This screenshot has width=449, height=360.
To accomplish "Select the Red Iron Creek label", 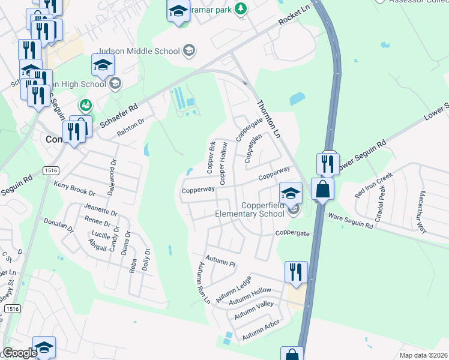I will click(x=373, y=185).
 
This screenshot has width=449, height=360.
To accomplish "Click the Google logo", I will click(x=19, y=353).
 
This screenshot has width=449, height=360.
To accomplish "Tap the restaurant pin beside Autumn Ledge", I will click(x=296, y=272).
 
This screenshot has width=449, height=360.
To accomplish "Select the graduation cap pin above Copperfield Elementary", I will click(x=291, y=193).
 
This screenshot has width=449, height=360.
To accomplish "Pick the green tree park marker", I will click(x=241, y=8).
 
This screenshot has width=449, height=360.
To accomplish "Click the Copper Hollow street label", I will click(x=224, y=163).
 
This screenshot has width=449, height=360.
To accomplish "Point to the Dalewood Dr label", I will click(x=113, y=169).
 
